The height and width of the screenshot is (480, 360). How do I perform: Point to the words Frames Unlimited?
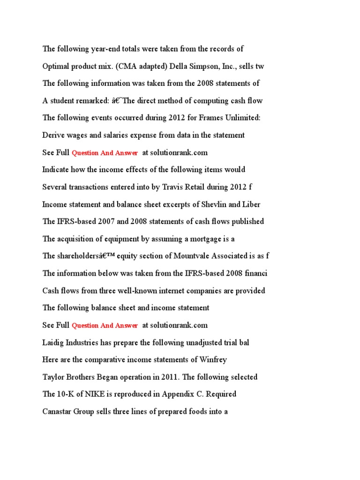[x=232, y=118]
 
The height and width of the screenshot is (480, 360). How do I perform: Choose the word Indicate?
[x=57, y=170]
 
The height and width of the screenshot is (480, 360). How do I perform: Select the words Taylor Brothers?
[x=68, y=377]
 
